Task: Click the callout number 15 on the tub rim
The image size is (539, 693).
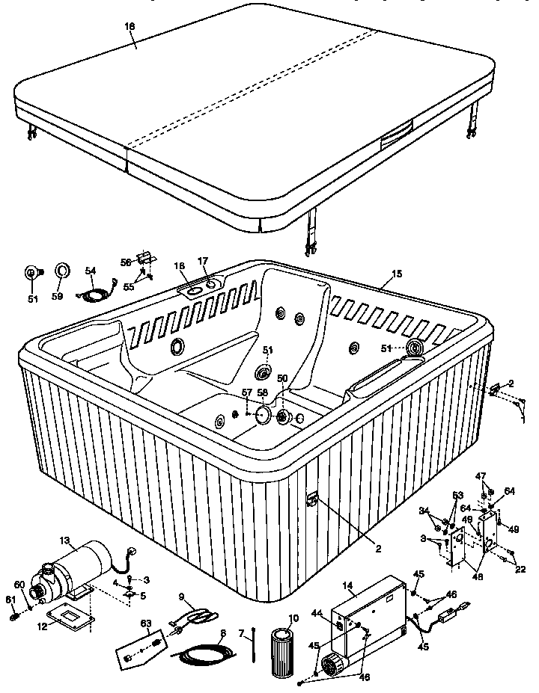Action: tap(397, 274)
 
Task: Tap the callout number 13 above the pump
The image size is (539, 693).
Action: tap(65, 540)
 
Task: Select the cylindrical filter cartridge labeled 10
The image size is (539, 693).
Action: tap(284, 653)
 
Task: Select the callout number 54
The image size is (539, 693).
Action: tap(91, 271)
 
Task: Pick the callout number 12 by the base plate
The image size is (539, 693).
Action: tap(42, 626)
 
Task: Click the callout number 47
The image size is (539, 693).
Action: tap(481, 475)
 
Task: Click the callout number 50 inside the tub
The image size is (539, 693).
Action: tap(282, 379)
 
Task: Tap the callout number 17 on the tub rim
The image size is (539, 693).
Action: tap(202, 261)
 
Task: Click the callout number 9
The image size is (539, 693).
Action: tap(180, 597)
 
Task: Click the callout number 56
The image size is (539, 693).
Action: tap(127, 261)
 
